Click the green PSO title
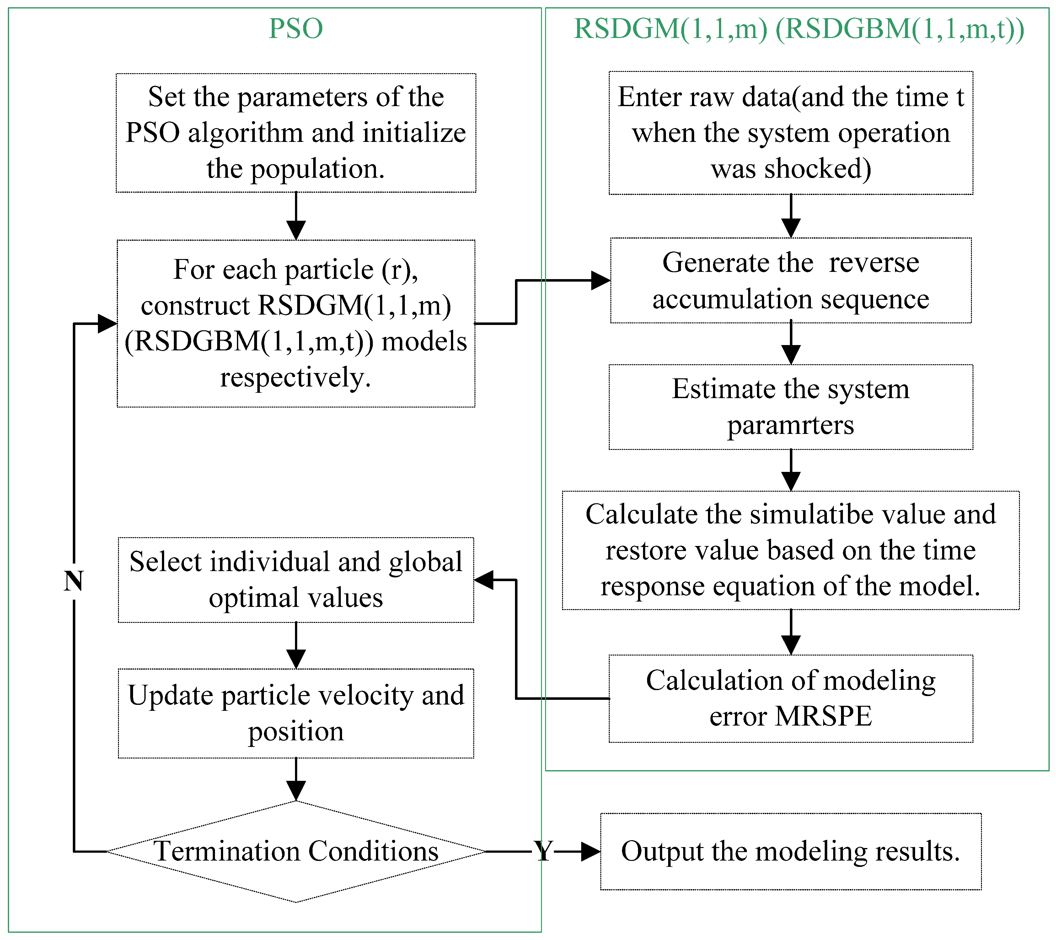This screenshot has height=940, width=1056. coord(296,29)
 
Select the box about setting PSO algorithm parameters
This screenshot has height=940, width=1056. coord(296,133)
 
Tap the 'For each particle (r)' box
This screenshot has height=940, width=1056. coord(296,323)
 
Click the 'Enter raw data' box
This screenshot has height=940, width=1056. coord(791,133)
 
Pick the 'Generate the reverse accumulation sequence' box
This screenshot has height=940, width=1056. coord(791,281)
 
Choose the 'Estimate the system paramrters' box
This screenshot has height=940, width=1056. coord(791,407)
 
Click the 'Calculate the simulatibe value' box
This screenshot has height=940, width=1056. coord(791,550)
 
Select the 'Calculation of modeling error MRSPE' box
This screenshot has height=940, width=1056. coord(791,699)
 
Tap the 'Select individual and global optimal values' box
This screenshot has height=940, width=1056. coord(296,580)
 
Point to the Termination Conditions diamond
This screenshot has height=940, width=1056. coord(296,852)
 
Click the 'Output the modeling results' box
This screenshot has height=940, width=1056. coord(791,852)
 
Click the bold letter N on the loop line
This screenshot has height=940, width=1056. coord(73,581)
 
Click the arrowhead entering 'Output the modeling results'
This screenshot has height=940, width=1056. coord(591,852)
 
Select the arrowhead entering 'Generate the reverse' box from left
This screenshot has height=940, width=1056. coord(600,281)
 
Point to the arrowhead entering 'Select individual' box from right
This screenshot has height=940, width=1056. coord(484,580)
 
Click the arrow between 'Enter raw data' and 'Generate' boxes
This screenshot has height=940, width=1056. coord(791,217)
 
